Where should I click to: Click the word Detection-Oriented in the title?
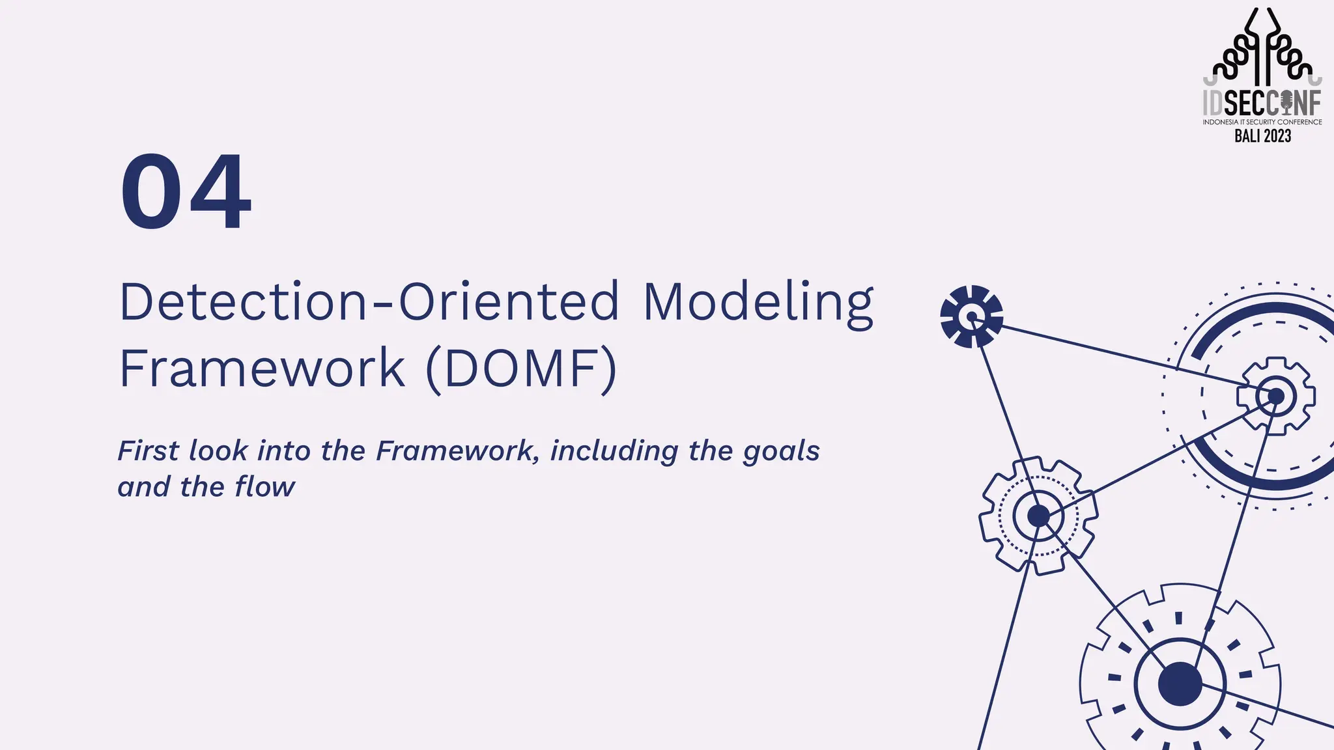pos(369,302)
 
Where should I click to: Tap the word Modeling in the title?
pos(758,302)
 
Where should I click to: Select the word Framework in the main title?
pos(262,368)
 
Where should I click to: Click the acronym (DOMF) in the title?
pos(520,368)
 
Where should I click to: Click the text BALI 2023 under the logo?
pos(1262,136)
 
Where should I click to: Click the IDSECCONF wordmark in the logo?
pos(1262,103)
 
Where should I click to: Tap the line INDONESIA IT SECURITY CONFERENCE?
pos(1262,122)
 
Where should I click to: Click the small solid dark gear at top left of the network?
pos(971,316)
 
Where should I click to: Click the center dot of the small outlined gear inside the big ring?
pos(1275,396)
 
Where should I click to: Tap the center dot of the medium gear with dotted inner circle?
pos(1038,516)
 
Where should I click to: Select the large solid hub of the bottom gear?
pos(1180,684)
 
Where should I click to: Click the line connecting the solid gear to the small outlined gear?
pos(1120,355)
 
